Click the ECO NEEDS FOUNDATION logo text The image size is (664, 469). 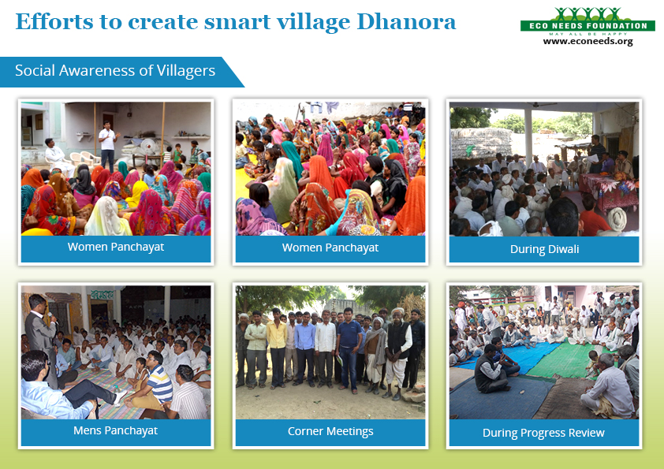tap(588, 26)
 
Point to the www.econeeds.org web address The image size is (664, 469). tap(588, 41)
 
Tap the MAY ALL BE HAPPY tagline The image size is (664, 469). tap(588, 33)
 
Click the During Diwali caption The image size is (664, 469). tap(543, 249)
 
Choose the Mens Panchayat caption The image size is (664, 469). tap(115, 430)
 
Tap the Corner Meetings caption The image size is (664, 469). tap(330, 431)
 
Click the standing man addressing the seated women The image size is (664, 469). tap(107, 144)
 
